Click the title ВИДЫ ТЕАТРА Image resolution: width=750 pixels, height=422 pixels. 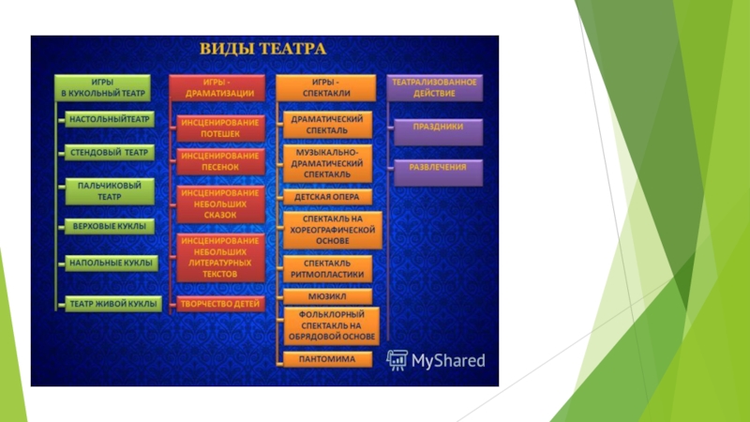point(261,48)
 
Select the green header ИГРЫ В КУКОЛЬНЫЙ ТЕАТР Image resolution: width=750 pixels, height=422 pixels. point(102,87)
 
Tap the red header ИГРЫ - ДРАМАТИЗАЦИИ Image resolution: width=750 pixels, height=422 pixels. point(216,87)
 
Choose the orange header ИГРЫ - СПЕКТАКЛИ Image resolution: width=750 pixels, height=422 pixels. point(325,87)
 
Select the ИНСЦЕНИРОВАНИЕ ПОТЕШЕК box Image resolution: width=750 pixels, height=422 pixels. point(219,128)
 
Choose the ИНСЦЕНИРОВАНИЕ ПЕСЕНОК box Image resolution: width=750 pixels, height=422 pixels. point(219,160)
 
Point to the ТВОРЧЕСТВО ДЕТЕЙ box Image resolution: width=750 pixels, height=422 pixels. point(219,304)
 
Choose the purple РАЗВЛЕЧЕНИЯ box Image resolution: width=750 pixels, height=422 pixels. point(437,170)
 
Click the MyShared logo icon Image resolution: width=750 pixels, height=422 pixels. point(397,359)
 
